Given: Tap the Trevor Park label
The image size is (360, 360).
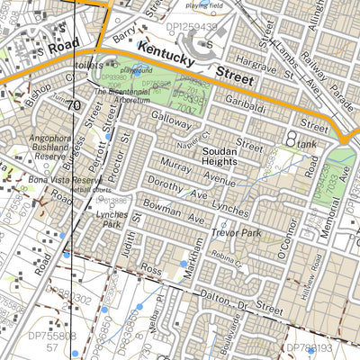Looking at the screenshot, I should pyautogui.click(x=233, y=232).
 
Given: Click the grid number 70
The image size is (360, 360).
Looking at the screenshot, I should pyautogui.click(x=73, y=106).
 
